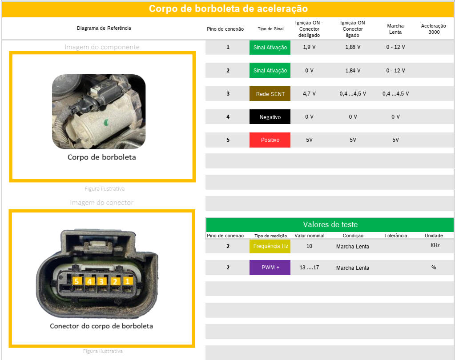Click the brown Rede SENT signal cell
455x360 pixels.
270,94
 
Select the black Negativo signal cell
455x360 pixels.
270,117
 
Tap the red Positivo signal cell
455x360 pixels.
270,140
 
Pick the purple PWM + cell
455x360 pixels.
270,268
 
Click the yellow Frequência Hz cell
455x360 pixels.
270,246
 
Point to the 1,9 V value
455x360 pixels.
309,47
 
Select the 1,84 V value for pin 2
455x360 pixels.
353,70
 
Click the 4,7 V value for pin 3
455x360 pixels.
309,94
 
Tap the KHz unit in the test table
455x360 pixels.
435,245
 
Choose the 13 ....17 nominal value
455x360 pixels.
309,268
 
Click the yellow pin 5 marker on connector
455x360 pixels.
77,281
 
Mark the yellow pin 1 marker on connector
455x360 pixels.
127,281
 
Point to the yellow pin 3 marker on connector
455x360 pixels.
101,281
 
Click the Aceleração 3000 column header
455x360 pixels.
434,29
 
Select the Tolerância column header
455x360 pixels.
395,236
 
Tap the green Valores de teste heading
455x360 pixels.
330,224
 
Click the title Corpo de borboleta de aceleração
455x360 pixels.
228,9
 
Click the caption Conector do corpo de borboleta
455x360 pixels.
101,326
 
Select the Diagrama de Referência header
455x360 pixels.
104,28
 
